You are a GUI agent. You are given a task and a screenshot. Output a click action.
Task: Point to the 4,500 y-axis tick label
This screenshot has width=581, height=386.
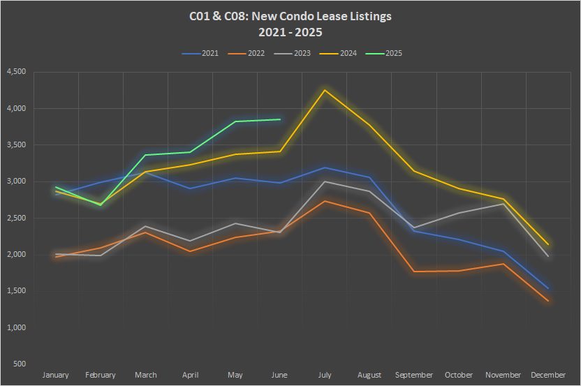click(x=16, y=72)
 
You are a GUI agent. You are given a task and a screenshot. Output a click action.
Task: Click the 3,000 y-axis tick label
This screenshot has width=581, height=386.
click(x=16, y=181)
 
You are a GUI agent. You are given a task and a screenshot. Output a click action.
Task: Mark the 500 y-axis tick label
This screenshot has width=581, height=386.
click(x=20, y=364)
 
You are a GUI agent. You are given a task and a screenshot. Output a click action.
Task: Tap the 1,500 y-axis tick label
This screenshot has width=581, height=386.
click(x=16, y=291)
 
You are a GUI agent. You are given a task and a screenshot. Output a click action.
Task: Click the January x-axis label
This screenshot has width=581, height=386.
click(x=56, y=376)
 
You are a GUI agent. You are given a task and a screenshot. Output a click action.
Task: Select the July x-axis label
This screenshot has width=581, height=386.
click(x=325, y=376)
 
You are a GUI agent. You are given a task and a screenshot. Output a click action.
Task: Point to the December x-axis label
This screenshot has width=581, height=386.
click(x=548, y=376)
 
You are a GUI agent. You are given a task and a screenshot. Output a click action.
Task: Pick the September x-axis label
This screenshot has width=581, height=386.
click(x=414, y=376)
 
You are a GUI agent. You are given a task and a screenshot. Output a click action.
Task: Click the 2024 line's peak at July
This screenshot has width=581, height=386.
click(x=325, y=90)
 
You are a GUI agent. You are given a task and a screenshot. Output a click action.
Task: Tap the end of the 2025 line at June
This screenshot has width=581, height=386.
click(x=280, y=119)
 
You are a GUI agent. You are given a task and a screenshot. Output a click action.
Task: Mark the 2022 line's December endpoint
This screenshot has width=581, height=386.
click(x=548, y=301)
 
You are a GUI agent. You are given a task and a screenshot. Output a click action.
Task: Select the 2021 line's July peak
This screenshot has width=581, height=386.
click(x=325, y=168)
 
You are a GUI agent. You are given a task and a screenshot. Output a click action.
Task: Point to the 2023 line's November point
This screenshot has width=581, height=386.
click(x=503, y=204)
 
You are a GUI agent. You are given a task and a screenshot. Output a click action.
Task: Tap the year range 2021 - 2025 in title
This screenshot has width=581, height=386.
click(x=290, y=32)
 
